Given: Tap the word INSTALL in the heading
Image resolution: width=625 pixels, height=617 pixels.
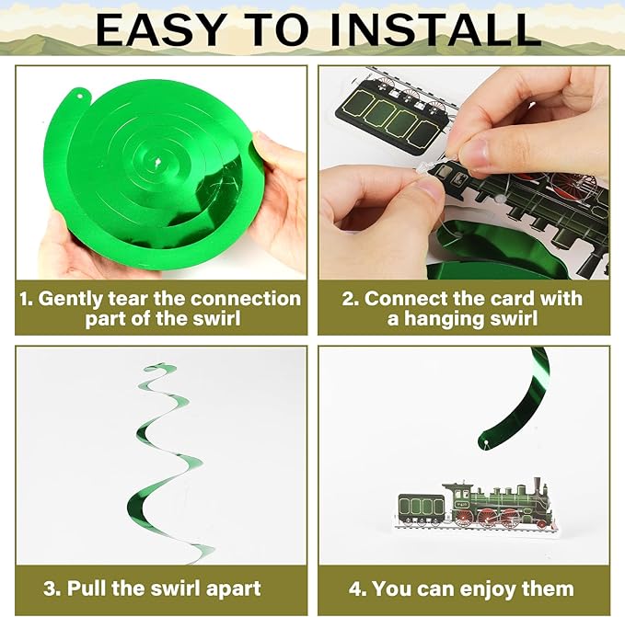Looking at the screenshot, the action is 435,30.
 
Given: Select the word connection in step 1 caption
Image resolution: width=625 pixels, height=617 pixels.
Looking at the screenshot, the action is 245,299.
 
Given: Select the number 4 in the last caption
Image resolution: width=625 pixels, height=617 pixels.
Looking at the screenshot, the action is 354,588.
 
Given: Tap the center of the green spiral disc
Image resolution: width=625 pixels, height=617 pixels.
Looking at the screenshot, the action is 157,162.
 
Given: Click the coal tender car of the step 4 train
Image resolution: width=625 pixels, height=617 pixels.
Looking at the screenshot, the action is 422,508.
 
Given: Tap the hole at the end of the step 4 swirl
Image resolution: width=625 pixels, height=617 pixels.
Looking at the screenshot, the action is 486,442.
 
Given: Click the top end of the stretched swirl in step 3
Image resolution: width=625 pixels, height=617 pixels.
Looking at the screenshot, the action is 158,365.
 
